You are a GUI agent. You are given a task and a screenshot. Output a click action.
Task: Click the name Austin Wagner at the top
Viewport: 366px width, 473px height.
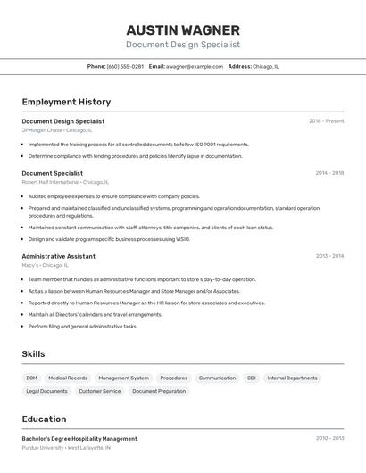pyautogui.click(x=183, y=29)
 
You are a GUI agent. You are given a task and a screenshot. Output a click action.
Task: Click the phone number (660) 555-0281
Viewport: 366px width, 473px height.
pyautogui.click(x=125, y=66)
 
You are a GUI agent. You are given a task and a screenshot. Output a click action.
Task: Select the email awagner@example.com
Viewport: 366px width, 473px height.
pyautogui.click(x=194, y=66)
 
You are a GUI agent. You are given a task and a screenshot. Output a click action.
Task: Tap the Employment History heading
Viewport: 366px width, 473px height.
pyautogui.click(x=66, y=102)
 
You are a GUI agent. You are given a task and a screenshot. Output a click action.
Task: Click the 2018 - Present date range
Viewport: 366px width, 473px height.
pyautogui.click(x=326, y=121)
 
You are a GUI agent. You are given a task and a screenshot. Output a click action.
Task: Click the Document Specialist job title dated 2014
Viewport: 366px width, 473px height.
pyautogui.click(x=52, y=173)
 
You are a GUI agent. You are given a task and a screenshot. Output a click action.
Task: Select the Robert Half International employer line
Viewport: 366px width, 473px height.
pyautogui.click(x=64, y=182)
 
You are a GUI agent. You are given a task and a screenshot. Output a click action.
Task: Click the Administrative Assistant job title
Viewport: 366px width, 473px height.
pyautogui.click(x=58, y=256)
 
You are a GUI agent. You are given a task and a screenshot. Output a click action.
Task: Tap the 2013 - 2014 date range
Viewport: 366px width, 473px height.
pyautogui.click(x=329, y=256)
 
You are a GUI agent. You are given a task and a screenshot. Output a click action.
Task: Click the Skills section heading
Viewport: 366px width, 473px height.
pyautogui.click(x=33, y=354)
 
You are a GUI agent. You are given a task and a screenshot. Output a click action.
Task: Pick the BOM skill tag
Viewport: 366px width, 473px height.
pyautogui.click(x=32, y=378)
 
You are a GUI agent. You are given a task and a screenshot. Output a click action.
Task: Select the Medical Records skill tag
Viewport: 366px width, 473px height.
pyautogui.click(x=68, y=378)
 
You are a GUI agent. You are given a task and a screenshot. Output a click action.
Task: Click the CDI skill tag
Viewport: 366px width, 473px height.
pyautogui.click(x=252, y=378)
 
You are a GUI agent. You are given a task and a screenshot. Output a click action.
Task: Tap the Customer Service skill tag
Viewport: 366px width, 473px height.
pyautogui.click(x=99, y=391)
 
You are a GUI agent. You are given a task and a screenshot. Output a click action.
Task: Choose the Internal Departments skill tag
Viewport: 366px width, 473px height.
pyautogui.click(x=292, y=378)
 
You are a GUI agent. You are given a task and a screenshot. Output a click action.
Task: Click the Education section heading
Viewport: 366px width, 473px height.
pyautogui.click(x=44, y=419)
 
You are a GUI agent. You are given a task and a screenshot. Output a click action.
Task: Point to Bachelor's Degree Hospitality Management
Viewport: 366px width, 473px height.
pyautogui.click(x=79, y=439)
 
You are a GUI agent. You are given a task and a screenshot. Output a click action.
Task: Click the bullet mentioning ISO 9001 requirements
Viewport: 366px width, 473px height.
pyautogui.click(x=138, y=145)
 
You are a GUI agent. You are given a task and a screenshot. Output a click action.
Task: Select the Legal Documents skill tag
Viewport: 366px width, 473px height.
pyautogui.click(x=46, y=391)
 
